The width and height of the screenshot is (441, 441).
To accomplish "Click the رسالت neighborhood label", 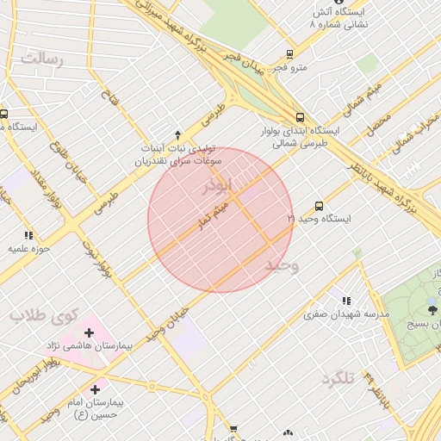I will (42, 60).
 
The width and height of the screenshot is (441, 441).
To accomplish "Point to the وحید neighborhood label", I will (282, 265).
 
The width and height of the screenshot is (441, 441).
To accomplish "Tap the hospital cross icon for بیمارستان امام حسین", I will (95, 389).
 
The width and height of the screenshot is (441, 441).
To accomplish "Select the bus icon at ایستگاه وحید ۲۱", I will (319, 206).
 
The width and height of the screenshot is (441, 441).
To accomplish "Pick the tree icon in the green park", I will (432, 308).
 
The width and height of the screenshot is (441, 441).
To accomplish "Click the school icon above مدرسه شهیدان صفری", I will (346, 301).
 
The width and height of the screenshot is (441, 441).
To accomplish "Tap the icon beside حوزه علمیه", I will (28, 234).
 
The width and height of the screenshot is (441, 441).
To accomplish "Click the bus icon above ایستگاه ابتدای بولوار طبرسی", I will (299, 117).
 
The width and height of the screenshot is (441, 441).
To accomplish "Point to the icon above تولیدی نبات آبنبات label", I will (178, 134).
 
